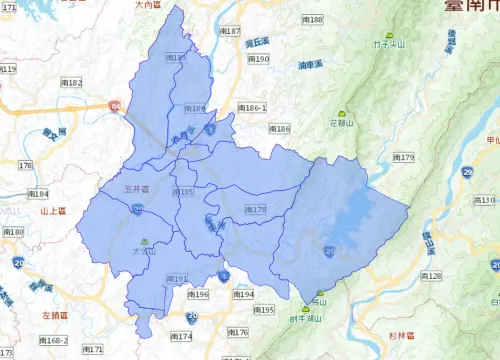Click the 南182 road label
pos(71,82)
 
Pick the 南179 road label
pos(403,157)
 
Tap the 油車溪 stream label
pos(310,65)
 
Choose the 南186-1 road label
pos(251,106)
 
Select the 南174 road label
pos(181,337)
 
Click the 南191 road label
pos(175,278)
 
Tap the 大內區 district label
pos(147,5)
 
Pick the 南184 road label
pos(38,193)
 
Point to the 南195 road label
pos(263,310)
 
